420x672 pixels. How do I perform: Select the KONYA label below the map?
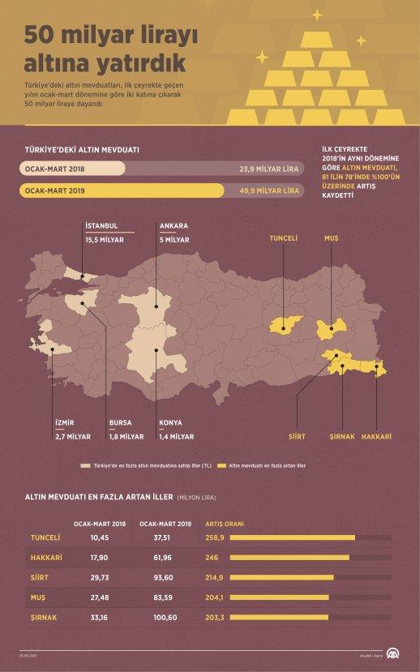point(170,422)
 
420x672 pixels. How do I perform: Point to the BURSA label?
point(121,422)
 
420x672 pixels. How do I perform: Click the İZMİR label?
point(64,422)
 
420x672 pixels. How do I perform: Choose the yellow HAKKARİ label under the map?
point(376,435)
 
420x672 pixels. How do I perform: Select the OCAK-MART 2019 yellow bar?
point(122,191)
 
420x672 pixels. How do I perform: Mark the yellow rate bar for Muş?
point(281,597)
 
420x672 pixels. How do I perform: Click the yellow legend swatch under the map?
point(224,467)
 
